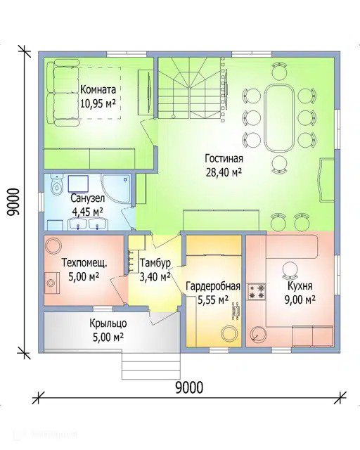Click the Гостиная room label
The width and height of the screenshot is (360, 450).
coord(224,159)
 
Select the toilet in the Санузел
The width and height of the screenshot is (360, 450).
coord(56,184)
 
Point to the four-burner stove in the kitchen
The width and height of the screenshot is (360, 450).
coord(257,292)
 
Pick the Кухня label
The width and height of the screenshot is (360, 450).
coord(300,286)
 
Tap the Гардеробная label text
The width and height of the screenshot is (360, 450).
coord(213,286)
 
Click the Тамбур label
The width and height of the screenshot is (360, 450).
coord(155,263)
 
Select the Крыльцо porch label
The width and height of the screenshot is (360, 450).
coord(108,323)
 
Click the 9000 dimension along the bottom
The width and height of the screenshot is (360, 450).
coord(189,387)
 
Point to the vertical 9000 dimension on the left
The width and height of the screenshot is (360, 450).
coord(13,202)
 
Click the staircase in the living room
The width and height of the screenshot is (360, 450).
coord(189,88)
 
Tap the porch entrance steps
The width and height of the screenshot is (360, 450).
coord(151,366)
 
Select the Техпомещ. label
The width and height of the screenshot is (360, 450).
coord(85,262)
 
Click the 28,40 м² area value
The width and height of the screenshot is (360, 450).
coord(224,172)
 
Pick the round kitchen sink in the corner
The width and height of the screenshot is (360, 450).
coord(257,334)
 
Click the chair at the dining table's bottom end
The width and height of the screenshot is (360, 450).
coord(279,165)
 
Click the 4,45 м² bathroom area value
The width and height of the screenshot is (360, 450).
coord(88,212)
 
